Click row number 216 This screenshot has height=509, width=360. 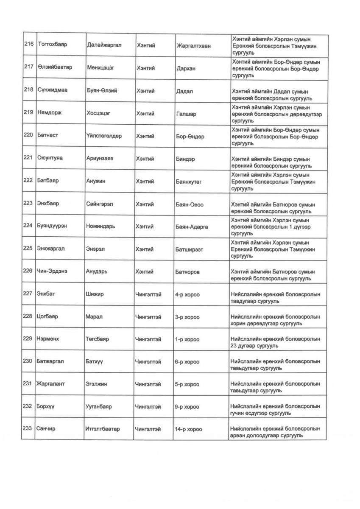click(x=28, y=45)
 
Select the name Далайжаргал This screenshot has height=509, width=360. click(x=104, y=45)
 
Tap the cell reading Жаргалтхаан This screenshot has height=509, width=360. click(x=193, y=45)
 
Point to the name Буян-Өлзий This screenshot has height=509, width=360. click(x=102, y=91)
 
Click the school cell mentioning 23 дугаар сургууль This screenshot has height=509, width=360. click(x=275, y=343)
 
